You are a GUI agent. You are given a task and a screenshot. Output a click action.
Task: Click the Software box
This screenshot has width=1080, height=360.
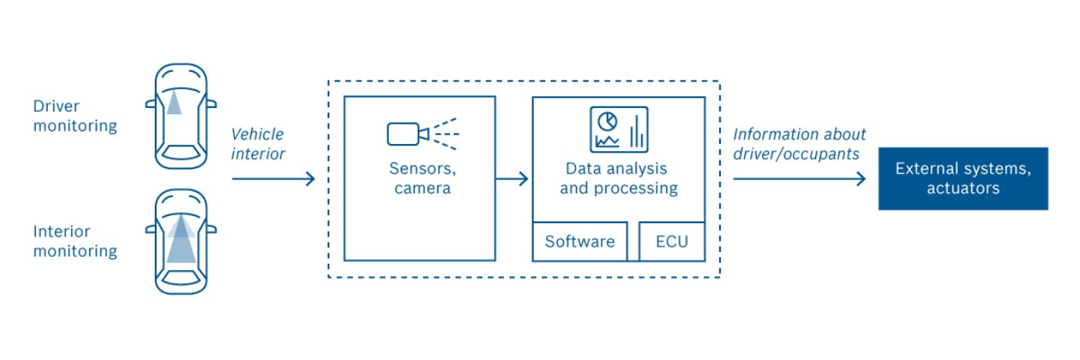point(579,241)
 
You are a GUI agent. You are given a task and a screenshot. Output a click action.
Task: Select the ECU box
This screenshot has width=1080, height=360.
point(672,241)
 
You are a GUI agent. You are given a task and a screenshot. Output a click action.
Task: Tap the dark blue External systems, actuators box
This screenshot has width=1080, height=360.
point(963,178)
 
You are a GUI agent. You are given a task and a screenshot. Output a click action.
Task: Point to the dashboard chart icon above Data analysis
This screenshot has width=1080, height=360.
point(618,129)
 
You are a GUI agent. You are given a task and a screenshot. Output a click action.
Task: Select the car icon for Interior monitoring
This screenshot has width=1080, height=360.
point(181,241)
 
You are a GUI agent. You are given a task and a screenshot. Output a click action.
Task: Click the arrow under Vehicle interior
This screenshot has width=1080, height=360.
point(273,179)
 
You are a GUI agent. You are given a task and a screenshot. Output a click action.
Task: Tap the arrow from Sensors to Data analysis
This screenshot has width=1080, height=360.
point(513,179)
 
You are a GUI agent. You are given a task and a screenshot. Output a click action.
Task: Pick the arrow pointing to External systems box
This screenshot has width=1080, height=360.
point(799,179)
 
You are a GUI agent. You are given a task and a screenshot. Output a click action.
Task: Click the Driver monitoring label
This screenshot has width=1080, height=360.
point(75,116)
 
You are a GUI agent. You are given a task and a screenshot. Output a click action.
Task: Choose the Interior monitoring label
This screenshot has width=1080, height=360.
point(75,241)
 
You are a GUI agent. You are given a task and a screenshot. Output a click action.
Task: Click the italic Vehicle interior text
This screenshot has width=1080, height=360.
point(258,144)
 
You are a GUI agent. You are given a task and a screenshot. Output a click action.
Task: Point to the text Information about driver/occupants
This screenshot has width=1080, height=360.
point(799,144)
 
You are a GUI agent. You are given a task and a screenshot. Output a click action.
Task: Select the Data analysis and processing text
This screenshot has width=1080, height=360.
point(618,178)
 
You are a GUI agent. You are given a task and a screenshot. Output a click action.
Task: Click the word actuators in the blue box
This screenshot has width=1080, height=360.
point(963,189)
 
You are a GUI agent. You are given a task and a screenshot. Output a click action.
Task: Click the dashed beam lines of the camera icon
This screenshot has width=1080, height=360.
point(443,134)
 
